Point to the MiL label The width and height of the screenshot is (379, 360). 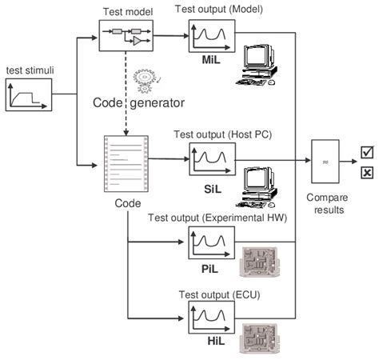(x=212, y=59)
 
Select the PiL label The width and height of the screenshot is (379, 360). (x=210, y=270)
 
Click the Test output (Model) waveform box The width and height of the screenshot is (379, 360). (x=211, y=36)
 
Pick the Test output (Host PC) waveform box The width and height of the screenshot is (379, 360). (x=211, y=160)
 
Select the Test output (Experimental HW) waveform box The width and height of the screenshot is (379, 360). (x=211, y=244)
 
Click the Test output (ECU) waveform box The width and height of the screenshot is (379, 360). (x=211, y=315)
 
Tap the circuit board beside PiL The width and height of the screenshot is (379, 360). (x=263, y=262)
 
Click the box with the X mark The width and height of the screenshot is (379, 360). (x=367, y=172)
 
